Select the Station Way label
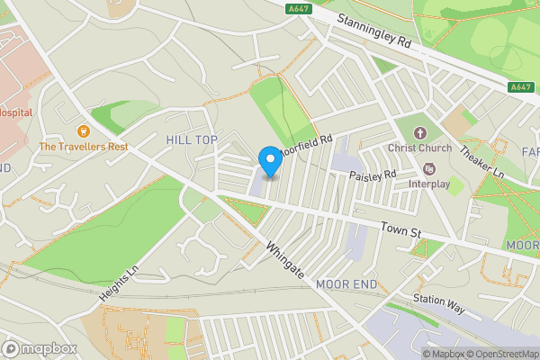click(x=438, y=303)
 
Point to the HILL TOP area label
click(x=192, y=139)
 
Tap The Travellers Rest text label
click(x=83, y=146)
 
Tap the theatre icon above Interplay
click(x=428, y=168)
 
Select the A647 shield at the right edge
click(x=519, y=87)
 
